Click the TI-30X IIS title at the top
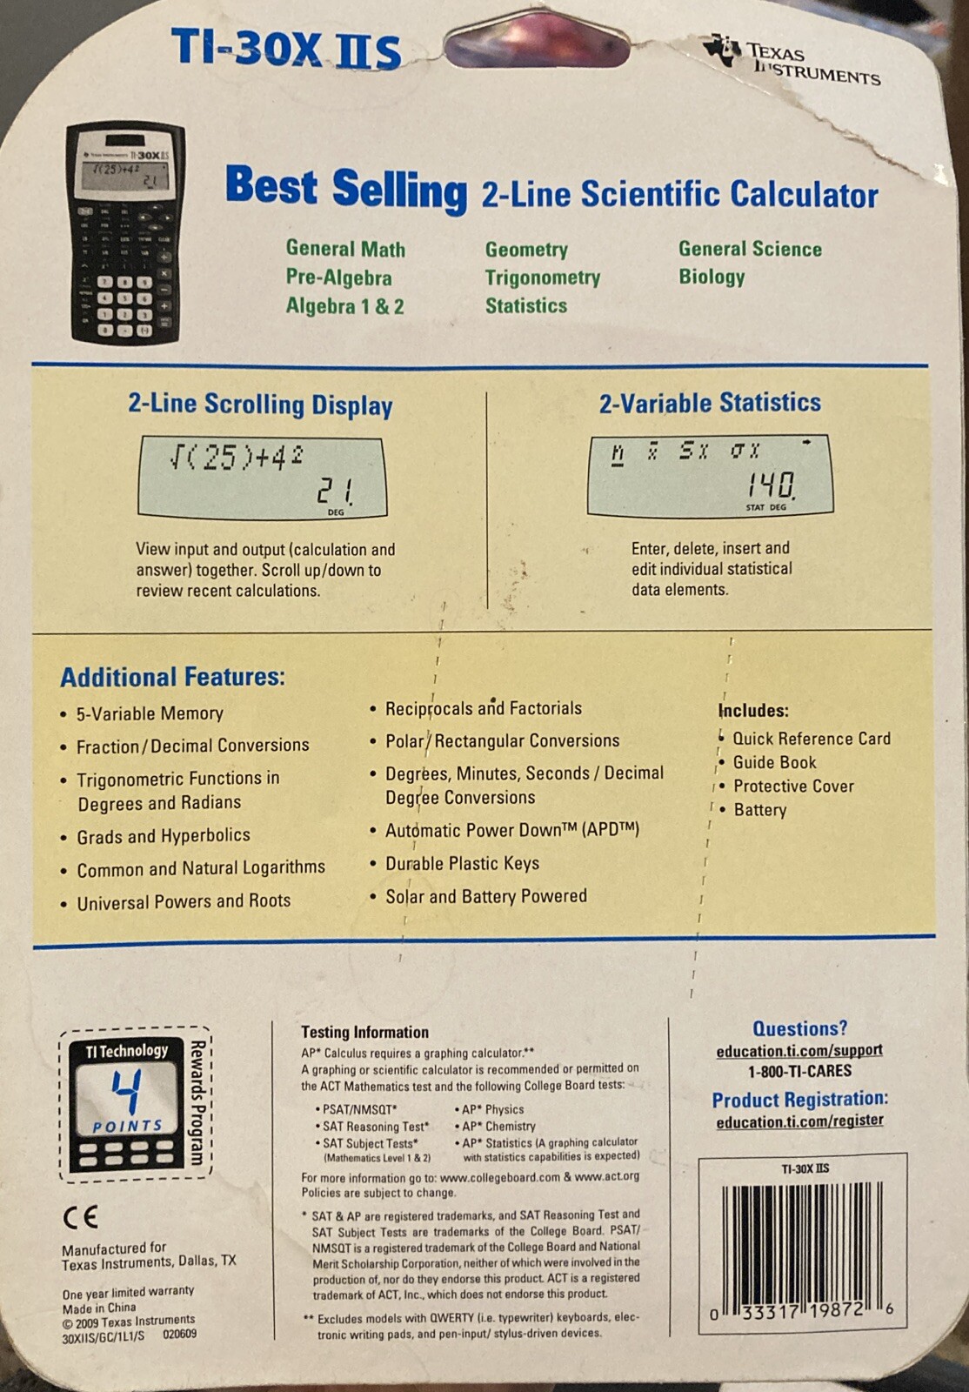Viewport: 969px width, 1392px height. coord(286,49)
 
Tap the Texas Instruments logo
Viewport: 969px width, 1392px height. coord(792,60)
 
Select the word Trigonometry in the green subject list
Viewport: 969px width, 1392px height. coord(542,278)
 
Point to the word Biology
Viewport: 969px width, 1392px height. coord(712,277)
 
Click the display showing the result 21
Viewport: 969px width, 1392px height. coord(263,478)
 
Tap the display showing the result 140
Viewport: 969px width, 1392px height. coord(710,475)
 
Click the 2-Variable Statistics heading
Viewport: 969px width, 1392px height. coord(710,403)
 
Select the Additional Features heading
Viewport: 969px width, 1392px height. coord(173,677)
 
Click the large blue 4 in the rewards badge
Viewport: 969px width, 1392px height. coord(128,1091)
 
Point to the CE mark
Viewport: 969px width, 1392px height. coord(80,1217)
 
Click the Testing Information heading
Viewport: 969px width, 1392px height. coord(364,1032)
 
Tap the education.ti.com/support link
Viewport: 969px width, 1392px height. coord(799,1050)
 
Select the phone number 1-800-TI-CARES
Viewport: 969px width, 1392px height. coord(799,1071)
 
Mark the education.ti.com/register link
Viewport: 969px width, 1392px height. coord(799,1121)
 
